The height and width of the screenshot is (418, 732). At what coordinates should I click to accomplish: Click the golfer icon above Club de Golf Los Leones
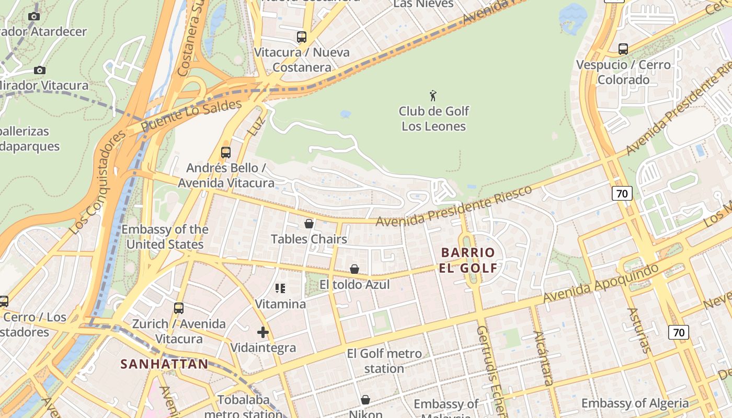pos(433,96)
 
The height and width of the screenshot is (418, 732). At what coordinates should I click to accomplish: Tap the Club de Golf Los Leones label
pos(434,119)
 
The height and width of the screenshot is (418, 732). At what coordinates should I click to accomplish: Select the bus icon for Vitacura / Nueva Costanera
pos(302,37)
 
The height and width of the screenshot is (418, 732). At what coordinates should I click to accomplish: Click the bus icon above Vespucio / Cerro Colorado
pos(623,49)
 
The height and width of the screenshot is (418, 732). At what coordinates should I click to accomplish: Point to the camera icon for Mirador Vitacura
pos(39,70)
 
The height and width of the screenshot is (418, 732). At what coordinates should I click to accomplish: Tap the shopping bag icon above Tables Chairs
pos(309,224)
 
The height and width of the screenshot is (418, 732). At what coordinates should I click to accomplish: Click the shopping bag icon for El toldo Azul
pos(354,269)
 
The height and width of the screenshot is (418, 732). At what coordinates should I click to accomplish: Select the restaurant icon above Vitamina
pos(280,288)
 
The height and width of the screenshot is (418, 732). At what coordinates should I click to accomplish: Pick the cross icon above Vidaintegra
pos(263,332)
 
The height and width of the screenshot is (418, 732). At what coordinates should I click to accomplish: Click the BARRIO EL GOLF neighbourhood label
pos(468,260)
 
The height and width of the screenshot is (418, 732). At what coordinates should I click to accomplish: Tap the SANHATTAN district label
pos(164,364)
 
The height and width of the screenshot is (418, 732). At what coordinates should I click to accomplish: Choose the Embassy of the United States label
pos(165,237)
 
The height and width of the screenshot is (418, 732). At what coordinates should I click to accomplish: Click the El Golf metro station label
pos(384,361)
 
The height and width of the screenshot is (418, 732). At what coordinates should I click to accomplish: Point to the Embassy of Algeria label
pos(635,403)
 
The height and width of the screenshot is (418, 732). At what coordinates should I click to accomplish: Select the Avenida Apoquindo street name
pos(601,283)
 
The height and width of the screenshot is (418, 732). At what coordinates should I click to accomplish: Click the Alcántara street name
pos(543,357)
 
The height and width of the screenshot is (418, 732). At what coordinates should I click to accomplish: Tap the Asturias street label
pos(639,330)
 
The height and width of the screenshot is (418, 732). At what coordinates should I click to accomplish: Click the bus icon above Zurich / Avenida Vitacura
pos(179,308)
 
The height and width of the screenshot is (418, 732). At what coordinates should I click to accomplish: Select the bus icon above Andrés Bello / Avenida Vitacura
pos(226,153)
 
